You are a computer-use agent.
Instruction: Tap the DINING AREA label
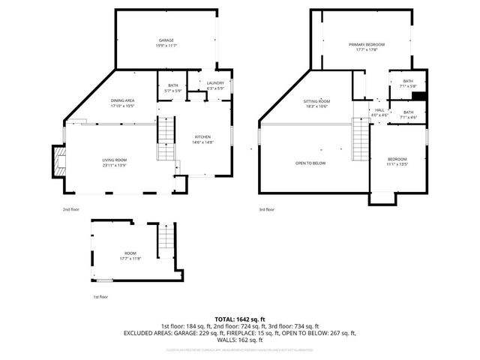[x=122, y=103]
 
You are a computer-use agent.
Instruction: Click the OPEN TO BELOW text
[x=310, y=163]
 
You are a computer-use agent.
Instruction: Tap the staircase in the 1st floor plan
[x=166, y=239]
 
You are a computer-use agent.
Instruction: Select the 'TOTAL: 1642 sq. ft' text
[x=240, y=319]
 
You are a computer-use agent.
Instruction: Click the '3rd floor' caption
[x=266, y=209]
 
